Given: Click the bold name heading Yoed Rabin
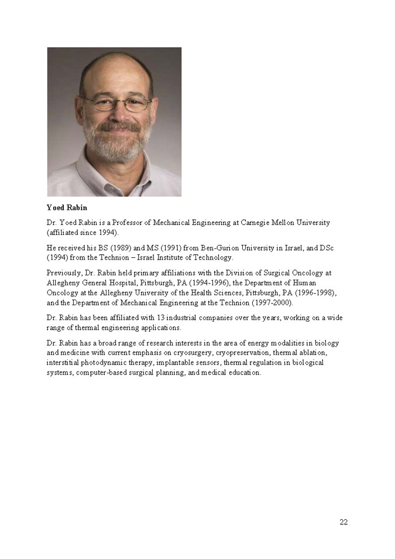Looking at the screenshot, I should click(x=67, y=207).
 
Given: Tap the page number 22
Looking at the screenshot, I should click(x=344, y=523).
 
